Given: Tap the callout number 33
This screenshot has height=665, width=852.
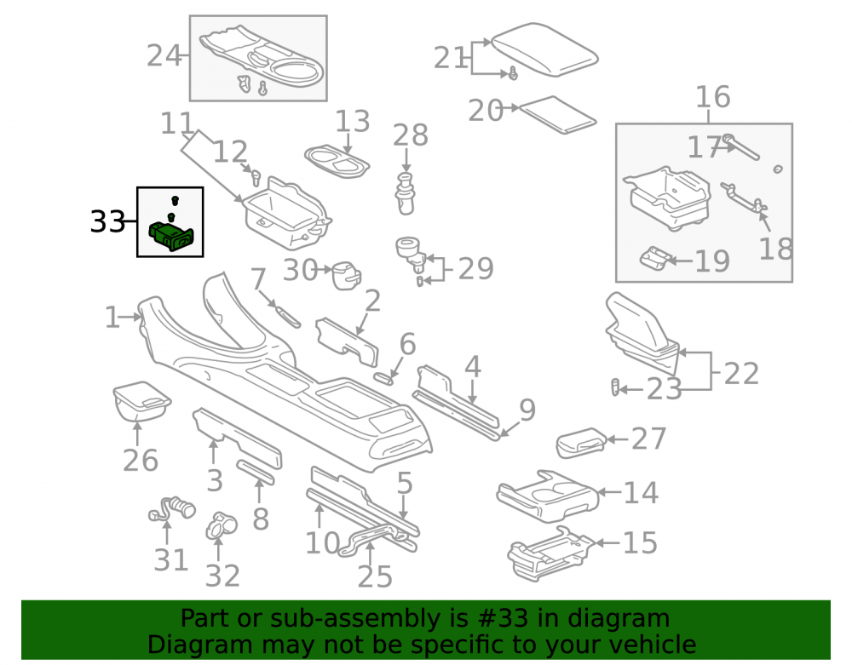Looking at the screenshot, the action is point(107,221).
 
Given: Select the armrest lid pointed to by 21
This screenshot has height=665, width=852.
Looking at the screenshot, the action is point(544,49).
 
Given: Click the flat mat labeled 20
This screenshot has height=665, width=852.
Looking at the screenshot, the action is point(558,115).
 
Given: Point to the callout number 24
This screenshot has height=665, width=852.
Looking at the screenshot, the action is point(164,55).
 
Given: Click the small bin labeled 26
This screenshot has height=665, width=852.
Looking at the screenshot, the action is point(141,401).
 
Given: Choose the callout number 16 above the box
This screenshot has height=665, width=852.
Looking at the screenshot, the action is point(713,96).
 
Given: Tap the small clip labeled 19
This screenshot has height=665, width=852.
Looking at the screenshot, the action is point(654,257).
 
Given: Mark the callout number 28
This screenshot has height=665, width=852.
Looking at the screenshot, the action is point(411,135).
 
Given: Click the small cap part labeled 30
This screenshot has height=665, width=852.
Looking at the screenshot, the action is point(346,275).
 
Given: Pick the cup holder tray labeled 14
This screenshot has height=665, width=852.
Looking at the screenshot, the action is point(547,496).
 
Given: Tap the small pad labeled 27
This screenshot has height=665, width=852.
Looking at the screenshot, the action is point(581,443).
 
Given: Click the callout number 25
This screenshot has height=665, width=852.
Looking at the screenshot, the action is point(375,576).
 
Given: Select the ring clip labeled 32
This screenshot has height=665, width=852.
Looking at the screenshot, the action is point(222,525).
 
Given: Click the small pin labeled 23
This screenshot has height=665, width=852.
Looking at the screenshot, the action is point(615,387).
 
